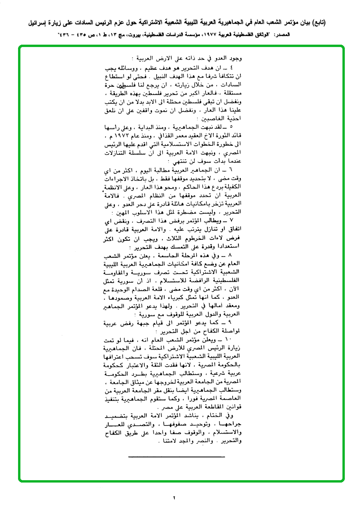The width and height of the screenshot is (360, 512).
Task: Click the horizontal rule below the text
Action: pos(177,456)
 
